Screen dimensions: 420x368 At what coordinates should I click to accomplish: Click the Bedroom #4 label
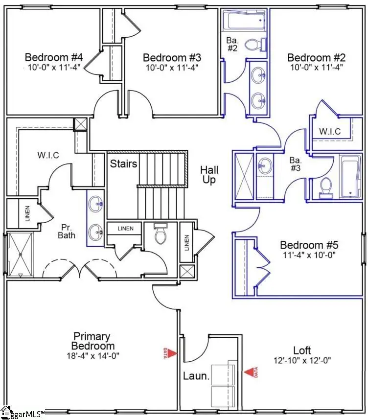tap(54, 57)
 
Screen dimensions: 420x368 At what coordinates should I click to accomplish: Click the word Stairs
tap(123, 163)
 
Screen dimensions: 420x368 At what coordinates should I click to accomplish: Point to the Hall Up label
tap(209, 175)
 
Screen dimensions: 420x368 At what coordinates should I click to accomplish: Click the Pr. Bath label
tap(67, 232)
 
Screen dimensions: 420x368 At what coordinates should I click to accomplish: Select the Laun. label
tap(193, 376)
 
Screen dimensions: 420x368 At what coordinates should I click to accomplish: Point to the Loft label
tap(302, 350)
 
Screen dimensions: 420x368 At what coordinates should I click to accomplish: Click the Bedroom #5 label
tap(309, 245)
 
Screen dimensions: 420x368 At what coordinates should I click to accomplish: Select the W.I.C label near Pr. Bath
tap(48, 156)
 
